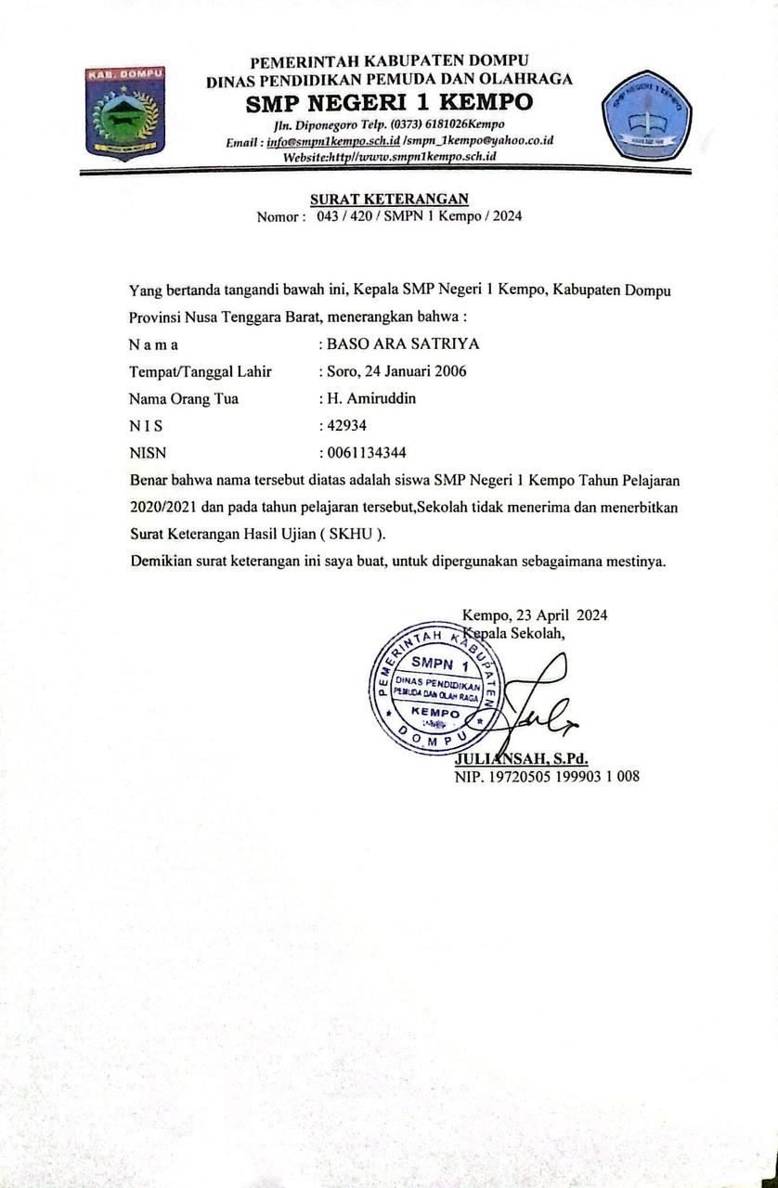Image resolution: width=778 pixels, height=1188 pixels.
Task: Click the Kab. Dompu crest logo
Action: (x=125, y=111)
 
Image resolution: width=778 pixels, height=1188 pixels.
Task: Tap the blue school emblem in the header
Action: (x=646, y=115)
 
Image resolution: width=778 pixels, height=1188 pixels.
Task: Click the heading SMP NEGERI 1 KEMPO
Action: (x=389, y=102)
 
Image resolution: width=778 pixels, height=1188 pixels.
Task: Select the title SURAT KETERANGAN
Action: (x=389, y=199)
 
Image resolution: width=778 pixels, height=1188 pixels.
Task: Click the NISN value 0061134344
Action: (x=367, y=454)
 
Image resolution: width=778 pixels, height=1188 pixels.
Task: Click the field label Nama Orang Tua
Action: (x=184, y=399)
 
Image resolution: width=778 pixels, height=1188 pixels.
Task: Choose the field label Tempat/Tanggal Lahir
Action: (x=201, y=371)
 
